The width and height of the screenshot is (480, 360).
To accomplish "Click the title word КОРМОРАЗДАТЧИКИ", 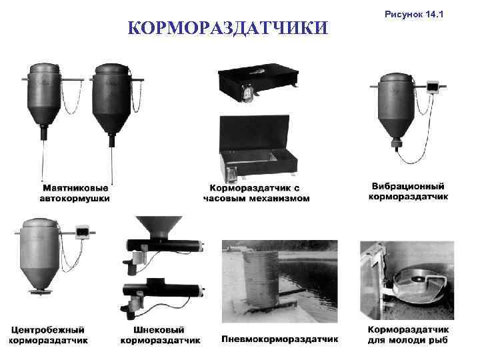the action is pyautogui.click(x=228, y=27).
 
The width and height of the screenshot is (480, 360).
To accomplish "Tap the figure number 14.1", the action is pyautogui.click(x=435, y=14).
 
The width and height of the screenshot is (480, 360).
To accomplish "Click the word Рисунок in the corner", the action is pyautogui.click(x=404, y=15).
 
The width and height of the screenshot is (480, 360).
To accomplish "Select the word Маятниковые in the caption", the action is pyautogui.click(x=75, y=188).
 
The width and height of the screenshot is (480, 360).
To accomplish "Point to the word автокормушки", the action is pyautogui.click(x=75, y=199).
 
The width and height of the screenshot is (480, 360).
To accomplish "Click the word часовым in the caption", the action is pyautogui.click(x=225, y=199).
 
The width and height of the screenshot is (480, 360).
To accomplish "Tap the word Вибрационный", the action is pyautogui.click(x=408, y=186).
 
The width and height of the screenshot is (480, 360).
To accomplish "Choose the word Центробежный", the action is pyautogui.click(x=48, y=330).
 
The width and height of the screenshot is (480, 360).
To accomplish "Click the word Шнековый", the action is pyautogui.click(x=159, y=330).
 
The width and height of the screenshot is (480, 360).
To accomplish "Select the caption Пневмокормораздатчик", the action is pyautogui.click(x=280, y=339).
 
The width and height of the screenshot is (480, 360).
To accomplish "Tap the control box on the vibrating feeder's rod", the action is pyautogui.click(x=433, y=87).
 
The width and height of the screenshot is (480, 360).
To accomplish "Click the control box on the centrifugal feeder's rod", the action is pyautogui.click(x=82, y=232).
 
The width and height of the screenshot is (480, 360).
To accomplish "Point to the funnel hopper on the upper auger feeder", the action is pyautogui.click(x=159, y=227).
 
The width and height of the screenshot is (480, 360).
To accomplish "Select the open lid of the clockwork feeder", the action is pyautogui.click(x=255, y=133).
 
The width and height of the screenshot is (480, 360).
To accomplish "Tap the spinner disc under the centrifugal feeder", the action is pyautogui.click(x=40, y=291).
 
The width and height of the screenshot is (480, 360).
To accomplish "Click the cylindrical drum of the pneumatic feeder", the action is pyautogui.click(x=261, y=278).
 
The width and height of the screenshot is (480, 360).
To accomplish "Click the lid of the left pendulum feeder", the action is pyautogui.click(x=44, y=68).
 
